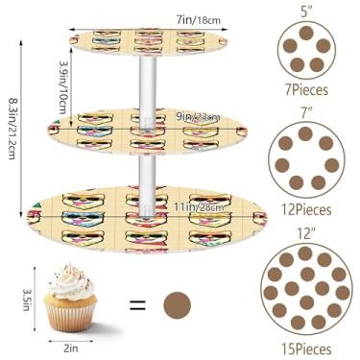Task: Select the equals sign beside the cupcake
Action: (138, 307)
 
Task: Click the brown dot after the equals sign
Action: (178, 307)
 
